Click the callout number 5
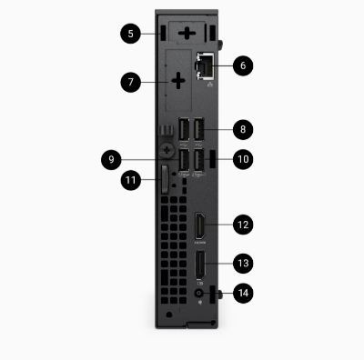click(133, 33)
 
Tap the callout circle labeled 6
click(242, 65)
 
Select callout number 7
click(133, 81)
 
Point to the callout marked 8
click(242, 128)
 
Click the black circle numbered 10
click(242, 159)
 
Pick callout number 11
click(133, 181)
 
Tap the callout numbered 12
click(242, 223)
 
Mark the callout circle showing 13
click(242, 263)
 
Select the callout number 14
click(242, 293)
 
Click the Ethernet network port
click(202, 65)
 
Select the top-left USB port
click(185, 131)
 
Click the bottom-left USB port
click(185, 160)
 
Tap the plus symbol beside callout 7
click(177, 81)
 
